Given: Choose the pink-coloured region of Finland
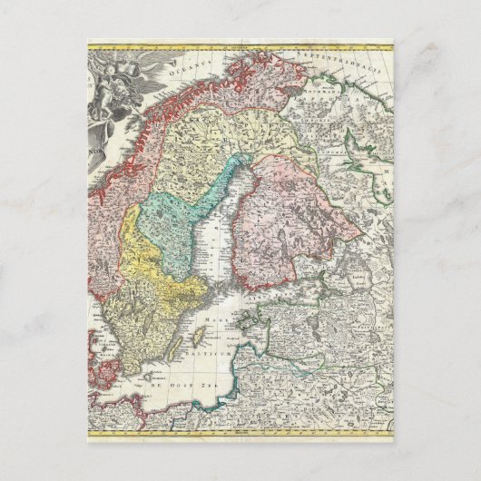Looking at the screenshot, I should pyautogui.click(x=290, y=218).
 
